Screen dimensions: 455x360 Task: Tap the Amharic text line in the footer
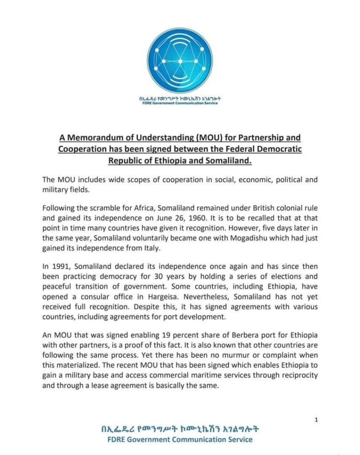(x=180, y=430)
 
